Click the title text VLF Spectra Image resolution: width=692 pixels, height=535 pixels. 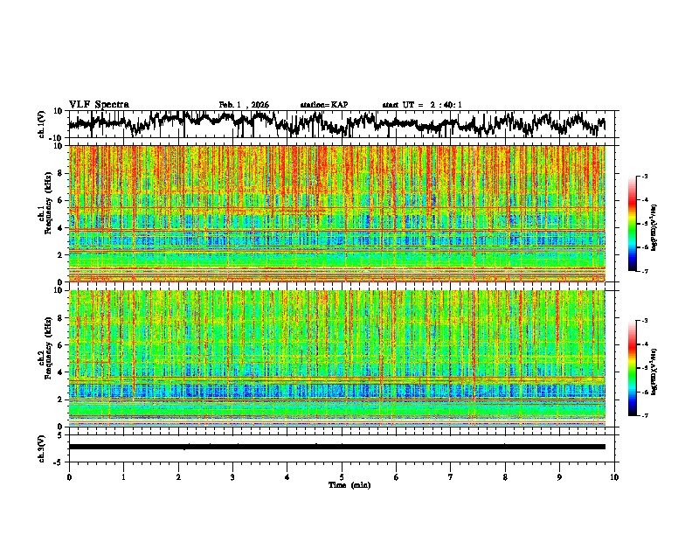99,104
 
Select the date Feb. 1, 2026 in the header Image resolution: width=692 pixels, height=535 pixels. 244,105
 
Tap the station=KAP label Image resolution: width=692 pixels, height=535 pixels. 323,105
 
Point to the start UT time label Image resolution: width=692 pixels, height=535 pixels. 422,105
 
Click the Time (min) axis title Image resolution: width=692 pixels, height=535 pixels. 343,484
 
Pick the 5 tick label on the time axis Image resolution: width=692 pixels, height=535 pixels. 343,477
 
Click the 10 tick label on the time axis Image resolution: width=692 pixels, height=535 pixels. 614,477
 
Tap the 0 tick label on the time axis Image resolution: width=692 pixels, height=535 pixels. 69,477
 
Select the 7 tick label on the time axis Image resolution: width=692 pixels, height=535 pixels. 451,477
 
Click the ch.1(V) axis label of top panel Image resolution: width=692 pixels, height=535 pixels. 42,124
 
